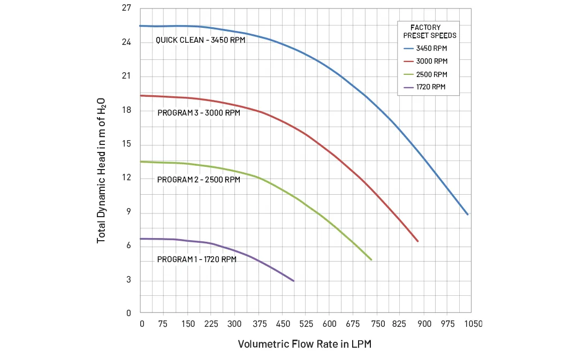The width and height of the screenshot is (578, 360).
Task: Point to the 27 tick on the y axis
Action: click(x=126, y=9)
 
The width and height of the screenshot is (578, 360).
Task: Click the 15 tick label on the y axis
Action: click(x=126, y=144)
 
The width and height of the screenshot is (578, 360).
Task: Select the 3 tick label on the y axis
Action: click(x=128, y=280)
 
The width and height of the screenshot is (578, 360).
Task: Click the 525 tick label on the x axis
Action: click(x=306, y=324)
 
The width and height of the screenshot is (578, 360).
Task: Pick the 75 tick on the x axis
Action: click(x=163, y=324)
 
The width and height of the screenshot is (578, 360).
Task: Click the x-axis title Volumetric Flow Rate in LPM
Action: click(x=305, y=344)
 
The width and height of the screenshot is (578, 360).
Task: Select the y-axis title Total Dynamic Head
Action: click(x=101, y=170)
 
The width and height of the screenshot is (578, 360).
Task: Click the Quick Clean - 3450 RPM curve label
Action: click(x=201, y=40)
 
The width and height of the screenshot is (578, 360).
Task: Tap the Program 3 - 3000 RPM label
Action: click(x=199, y=113)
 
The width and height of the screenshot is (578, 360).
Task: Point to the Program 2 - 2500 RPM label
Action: click(x=199, y=180)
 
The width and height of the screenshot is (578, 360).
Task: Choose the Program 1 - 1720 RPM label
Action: click(x=196, y=259)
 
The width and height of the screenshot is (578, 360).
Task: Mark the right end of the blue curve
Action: click(x=468, y=215)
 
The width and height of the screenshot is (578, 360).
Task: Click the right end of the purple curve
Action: click(x=294, y=281)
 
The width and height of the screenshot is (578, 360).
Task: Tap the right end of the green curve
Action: click(x=371, y=260)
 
